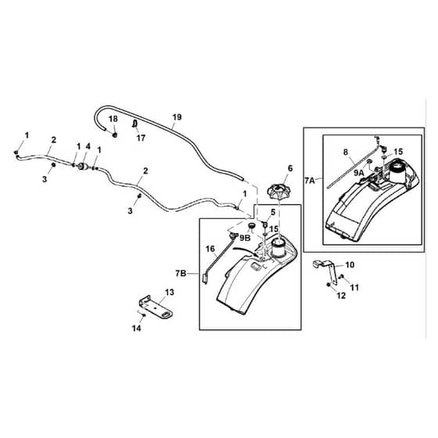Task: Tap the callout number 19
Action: tap(177, 117)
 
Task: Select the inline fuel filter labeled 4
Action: tap(82, 167)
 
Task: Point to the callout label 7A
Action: tap(310, 181)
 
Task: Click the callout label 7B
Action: tap(181, 273)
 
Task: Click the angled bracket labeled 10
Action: tap(326, 271)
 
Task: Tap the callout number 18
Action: tap(113, 119)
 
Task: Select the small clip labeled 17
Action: tap(135, 124)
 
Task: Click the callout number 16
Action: tap(210, 249)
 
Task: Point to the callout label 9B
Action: tap(245, 238)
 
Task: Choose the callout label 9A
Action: tap(359, 173)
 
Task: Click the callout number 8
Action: tap(346, 153)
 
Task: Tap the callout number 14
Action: tap(137, 328)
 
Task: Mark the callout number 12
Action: tap(341, 296)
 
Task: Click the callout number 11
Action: tap(354, 287)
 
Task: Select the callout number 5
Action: tap(273, 212)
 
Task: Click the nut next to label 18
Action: tap(114, 135)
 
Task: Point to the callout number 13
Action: tap(170, 293)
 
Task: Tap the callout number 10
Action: tap(350, 264)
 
